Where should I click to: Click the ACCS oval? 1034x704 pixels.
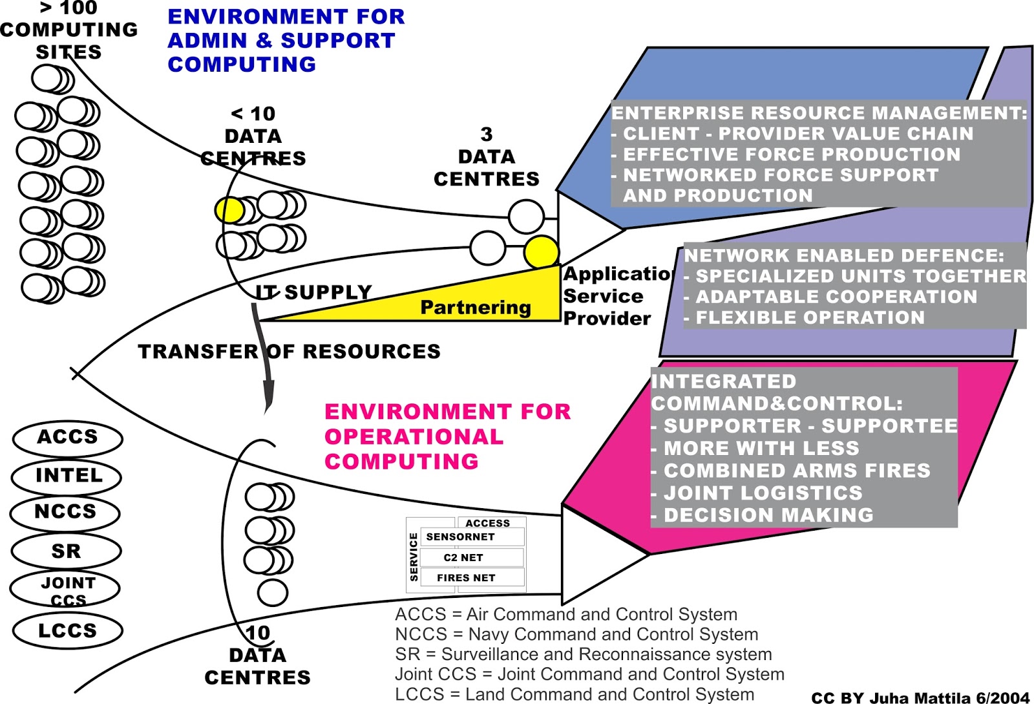tap(67, 438)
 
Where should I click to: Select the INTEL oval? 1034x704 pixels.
tap(67, 476)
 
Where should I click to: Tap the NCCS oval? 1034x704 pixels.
tap(65, 513)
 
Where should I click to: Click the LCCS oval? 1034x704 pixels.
tap(67, 630)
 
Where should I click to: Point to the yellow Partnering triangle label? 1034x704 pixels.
tap(475, 307)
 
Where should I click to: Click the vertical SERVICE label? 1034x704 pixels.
tap(414, 557)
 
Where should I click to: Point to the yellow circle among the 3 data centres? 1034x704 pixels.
tap(541, 252)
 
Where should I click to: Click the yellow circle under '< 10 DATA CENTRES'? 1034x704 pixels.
tap(229, 210)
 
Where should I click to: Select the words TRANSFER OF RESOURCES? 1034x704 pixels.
tap(289, 352)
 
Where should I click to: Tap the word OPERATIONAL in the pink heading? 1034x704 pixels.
tap(414, 437)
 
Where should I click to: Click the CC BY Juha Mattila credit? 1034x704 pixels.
tap(920, 698)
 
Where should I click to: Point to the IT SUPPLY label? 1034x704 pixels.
tap(313, 293)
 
